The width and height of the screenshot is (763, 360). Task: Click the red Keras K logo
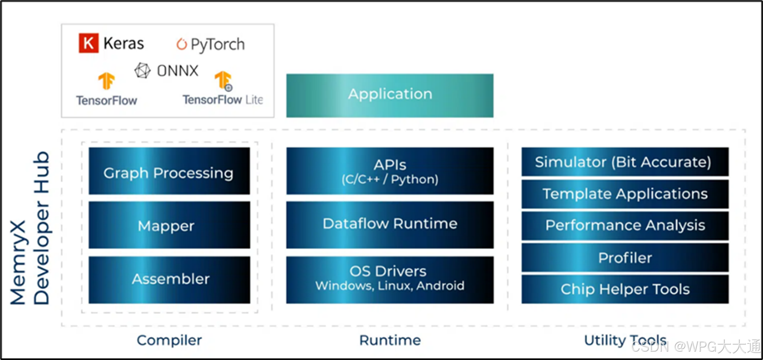[x=89, y=43]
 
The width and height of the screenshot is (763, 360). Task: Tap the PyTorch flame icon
[x=181, y=44]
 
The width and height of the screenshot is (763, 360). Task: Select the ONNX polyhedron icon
[x=142, y=71]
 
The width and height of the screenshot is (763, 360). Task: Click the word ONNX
[x=178, y=71]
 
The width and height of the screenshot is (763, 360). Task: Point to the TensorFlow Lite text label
[x=223, y=100]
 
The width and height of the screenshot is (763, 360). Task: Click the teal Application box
[x=390, y=96]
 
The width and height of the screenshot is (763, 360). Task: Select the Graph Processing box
[x=169, y=171]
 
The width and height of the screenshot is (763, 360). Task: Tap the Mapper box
[x=169, y=225]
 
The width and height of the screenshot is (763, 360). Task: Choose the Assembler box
[x=169, y=280]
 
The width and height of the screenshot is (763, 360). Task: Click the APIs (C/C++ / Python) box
[x=390, y=171]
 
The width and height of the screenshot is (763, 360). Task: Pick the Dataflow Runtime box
[x=390, y=225]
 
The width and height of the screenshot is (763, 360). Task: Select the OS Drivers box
[x=390, y=280]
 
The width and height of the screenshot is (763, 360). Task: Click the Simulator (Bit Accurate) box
[x=625, y=161]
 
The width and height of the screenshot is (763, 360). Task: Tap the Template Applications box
[x=625, y=194]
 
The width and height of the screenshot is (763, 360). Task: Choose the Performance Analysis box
[x=625, y=226]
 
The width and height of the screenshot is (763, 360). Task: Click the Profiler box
[x=625, y=258]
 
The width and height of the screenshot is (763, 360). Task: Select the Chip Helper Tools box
[x=625, y=289]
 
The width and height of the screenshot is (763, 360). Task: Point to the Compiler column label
[x=169, y=340]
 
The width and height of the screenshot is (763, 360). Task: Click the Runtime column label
[x=390, y=340]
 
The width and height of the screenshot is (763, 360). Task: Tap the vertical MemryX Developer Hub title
[x=30, y=228]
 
